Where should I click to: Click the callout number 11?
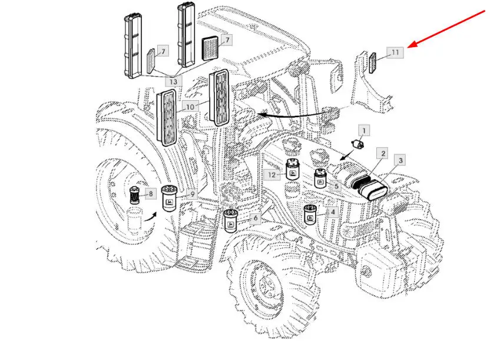click(x=395, y=52)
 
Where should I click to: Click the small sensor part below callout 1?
click(x=356, y=145)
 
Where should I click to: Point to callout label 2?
click(x=383, y=154)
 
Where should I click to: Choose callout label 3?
click(x=400, y=160)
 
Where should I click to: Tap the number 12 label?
click(x=271, y=174)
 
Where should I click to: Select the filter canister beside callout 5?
click(x=320, y=179)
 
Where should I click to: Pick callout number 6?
click(x=255, y=218)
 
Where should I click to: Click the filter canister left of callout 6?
click(x=231, y=221)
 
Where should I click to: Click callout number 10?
click(x=190, y=107)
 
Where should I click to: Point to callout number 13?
click(x=173, y=80)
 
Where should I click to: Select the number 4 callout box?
click(x=333, y=212)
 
